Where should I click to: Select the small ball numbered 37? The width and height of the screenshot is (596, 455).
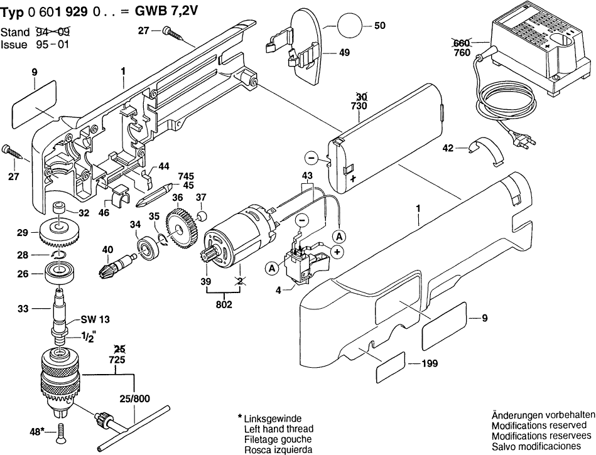[202, 216]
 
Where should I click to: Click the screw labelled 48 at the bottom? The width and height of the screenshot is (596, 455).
[60, 432]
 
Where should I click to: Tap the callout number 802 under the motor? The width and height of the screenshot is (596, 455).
[224, 305]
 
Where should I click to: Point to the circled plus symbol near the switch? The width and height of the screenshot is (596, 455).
[337, 252]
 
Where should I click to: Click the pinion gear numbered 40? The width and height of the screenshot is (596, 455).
[111, 266]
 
